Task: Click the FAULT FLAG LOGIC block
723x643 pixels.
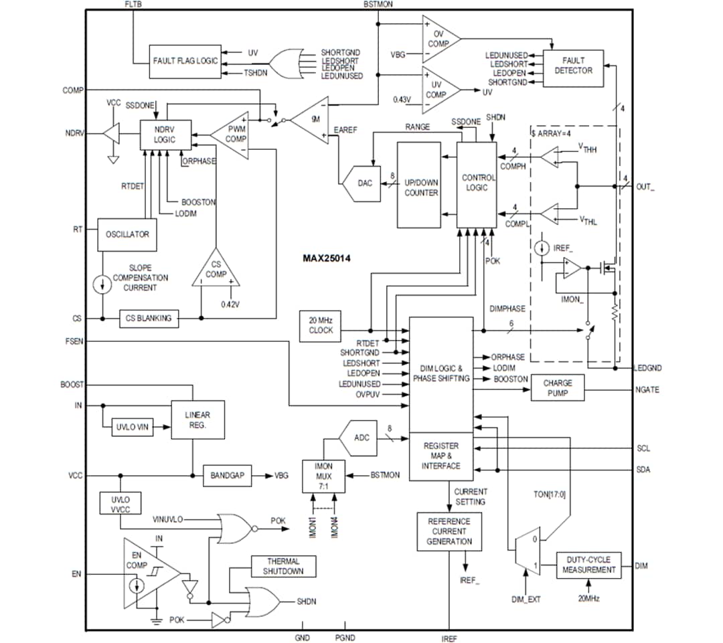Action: tap(185, 61)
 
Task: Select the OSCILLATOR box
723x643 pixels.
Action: tap(127, 235)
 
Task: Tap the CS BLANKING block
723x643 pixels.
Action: tap(149, 318)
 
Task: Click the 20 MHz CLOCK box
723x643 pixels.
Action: tap(321, 325)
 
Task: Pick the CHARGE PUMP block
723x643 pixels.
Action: tap(557, 388)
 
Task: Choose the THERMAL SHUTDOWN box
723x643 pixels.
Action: tap(283, 566)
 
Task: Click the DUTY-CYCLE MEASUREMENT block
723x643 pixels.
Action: tap(589, 565)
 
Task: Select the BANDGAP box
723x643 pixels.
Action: tap(228, 476)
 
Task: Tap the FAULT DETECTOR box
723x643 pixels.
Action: tap(573, 66)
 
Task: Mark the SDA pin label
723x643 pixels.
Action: tap(643, 470)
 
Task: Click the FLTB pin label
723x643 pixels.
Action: tap(133, 5)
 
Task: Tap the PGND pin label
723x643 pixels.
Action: tap(345, 638)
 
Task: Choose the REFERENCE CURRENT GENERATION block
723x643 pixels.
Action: tap(449, 531)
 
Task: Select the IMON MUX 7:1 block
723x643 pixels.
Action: tap(323, 476)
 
